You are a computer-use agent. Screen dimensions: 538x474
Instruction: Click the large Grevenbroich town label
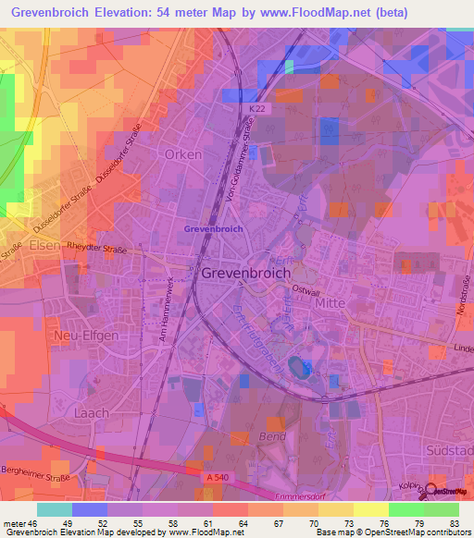[246, 274]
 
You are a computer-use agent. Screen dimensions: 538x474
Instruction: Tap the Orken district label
[182, 154]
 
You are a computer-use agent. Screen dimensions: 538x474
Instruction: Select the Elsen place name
[44, 247]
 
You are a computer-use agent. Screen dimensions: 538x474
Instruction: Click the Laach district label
[91, 413]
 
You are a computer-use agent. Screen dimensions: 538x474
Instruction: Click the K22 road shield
[256, 109]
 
